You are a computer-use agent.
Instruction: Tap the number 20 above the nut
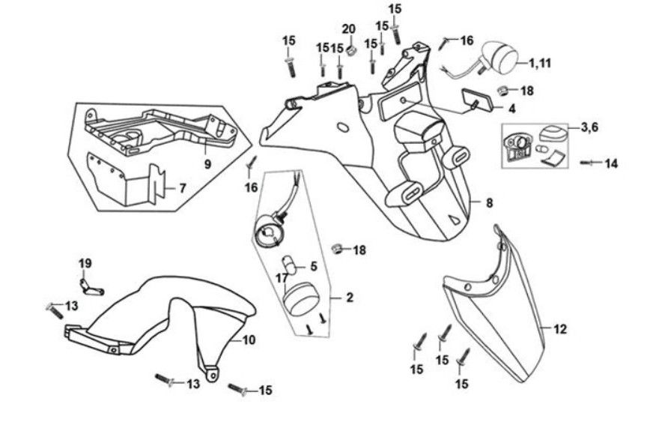pyautogui.click(x=349, y=29)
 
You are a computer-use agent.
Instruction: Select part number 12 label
pyautogui.click(x=561, y=328)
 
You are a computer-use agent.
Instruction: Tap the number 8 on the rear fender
pyautogui.click(x=489, y=202)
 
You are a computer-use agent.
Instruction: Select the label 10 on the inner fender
pyautogui.click(x=249, y=340)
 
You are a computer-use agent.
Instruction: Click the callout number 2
pyautogui.click(x=348, y=298)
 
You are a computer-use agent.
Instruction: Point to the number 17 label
pyautogui.click(x=281, y=277)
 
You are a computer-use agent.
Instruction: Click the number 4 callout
pyautogui.click(x=511, y=108)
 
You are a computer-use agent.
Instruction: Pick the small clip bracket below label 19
pyautogui.click(x=91, y=286)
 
